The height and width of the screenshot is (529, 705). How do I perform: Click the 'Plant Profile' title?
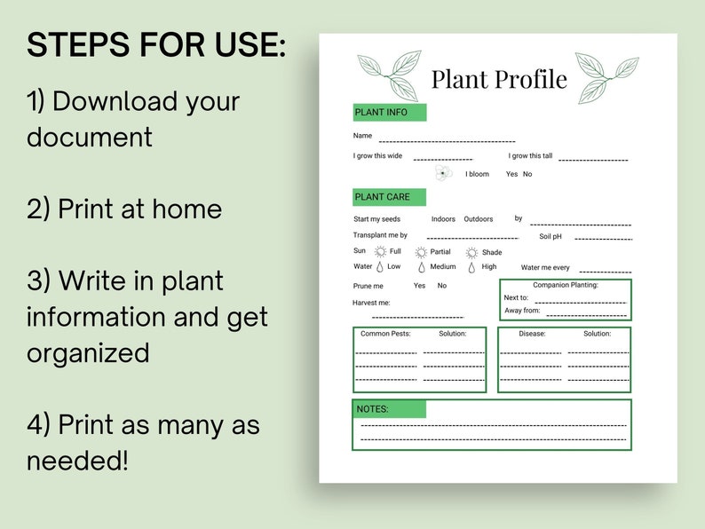coord(498,80)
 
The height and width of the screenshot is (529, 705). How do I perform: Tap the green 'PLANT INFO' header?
coord(390,113)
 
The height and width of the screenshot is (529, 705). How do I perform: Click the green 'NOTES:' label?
coord(389,409)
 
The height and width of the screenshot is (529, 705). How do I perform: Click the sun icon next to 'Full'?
coord(380,252)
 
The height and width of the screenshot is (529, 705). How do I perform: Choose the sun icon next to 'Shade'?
coord(471,252)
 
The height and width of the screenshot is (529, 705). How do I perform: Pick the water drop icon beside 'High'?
coord(471,266)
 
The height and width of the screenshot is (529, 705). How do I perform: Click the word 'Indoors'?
coord(443,219)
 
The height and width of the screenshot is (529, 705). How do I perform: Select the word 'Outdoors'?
coord(478,219)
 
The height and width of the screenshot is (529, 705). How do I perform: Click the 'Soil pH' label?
coord(551,236)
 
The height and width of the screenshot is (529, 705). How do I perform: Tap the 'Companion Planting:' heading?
coord(566,285)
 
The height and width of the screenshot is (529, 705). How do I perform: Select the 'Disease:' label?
coord(532,334)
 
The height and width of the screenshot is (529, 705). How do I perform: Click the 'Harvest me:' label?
coord(371,303)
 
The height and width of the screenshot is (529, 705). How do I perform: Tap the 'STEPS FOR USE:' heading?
coord(156,45)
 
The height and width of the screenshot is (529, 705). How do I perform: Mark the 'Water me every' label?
coord(545,267)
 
